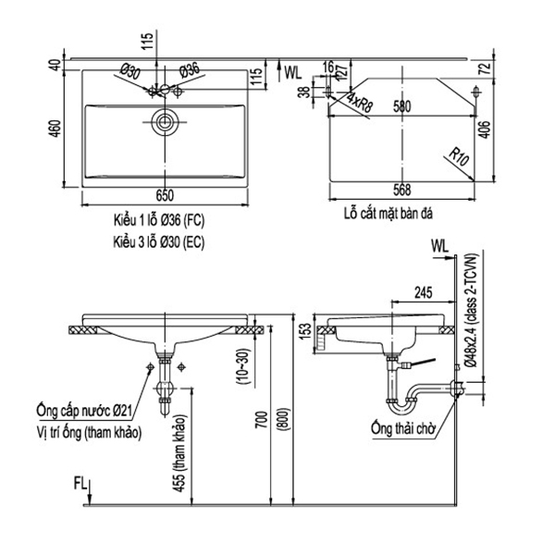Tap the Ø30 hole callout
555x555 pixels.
[x=130, y=69]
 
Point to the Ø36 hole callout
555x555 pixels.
[x=189, y=69]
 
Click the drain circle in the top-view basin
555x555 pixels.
[x=166, y=120]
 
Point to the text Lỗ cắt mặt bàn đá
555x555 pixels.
[x=388, y=213]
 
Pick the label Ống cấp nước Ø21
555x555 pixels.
[x=80, y=410]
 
